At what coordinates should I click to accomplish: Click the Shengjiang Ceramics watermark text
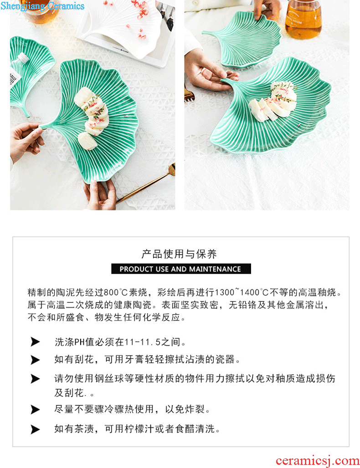[42, 5]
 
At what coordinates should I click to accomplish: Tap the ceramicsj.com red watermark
[318, 461]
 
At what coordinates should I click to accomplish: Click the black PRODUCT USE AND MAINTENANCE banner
[181, 269]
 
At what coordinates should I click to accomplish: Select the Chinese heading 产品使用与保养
[179, 254]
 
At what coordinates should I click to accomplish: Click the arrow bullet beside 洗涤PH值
[35, 342]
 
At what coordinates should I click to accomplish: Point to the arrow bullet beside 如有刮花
[35, 360]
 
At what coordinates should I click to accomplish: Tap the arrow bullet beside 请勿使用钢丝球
[35, 379]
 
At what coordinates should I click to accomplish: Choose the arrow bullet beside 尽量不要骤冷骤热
[35, 410]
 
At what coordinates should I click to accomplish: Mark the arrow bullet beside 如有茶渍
[35, 429]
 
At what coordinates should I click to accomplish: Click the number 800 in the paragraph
[111, 292]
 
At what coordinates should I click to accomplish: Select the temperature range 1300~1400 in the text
[238, 292]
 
